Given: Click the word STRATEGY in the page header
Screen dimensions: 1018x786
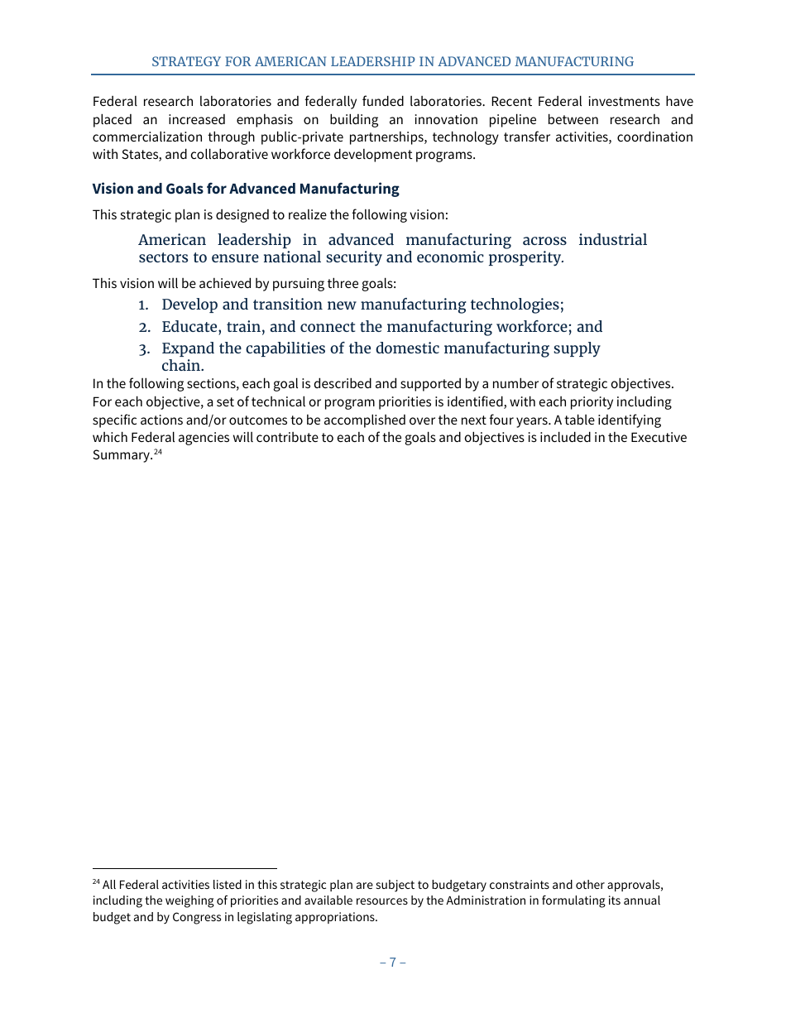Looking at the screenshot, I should click(184, 62).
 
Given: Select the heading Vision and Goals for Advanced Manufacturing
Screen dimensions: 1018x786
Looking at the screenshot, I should click(245, 189).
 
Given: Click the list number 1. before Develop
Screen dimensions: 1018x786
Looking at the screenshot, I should click(144, 305).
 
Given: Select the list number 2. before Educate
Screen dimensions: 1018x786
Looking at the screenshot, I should click(144, 327).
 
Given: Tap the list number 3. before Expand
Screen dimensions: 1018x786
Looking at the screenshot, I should click(144, 348).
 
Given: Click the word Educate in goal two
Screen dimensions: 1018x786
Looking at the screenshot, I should click(191, 327).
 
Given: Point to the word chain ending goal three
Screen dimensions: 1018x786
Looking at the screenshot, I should click(180, 366).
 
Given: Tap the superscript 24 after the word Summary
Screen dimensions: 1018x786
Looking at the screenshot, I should click(157, 452).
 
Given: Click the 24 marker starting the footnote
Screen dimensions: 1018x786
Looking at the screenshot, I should click(96, 882).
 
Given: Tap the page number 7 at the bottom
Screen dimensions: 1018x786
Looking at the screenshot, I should click(392, 962).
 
